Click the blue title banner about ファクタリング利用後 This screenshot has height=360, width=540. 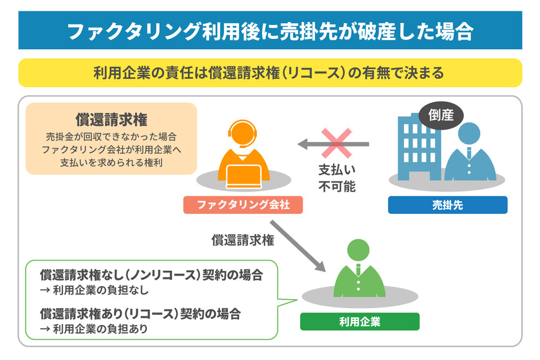tap(270, 31)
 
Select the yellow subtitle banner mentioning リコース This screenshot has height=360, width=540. tap(270, 72)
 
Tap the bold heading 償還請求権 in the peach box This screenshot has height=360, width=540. tap(111, 119)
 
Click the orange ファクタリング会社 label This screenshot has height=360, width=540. tap(243, 205)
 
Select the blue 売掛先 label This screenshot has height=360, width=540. tap(448, 205)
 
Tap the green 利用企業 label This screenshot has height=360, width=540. tap(360, 322)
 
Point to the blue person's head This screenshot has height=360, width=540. tap(468, 134)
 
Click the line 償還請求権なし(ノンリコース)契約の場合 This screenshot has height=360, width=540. tap(152, 275)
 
